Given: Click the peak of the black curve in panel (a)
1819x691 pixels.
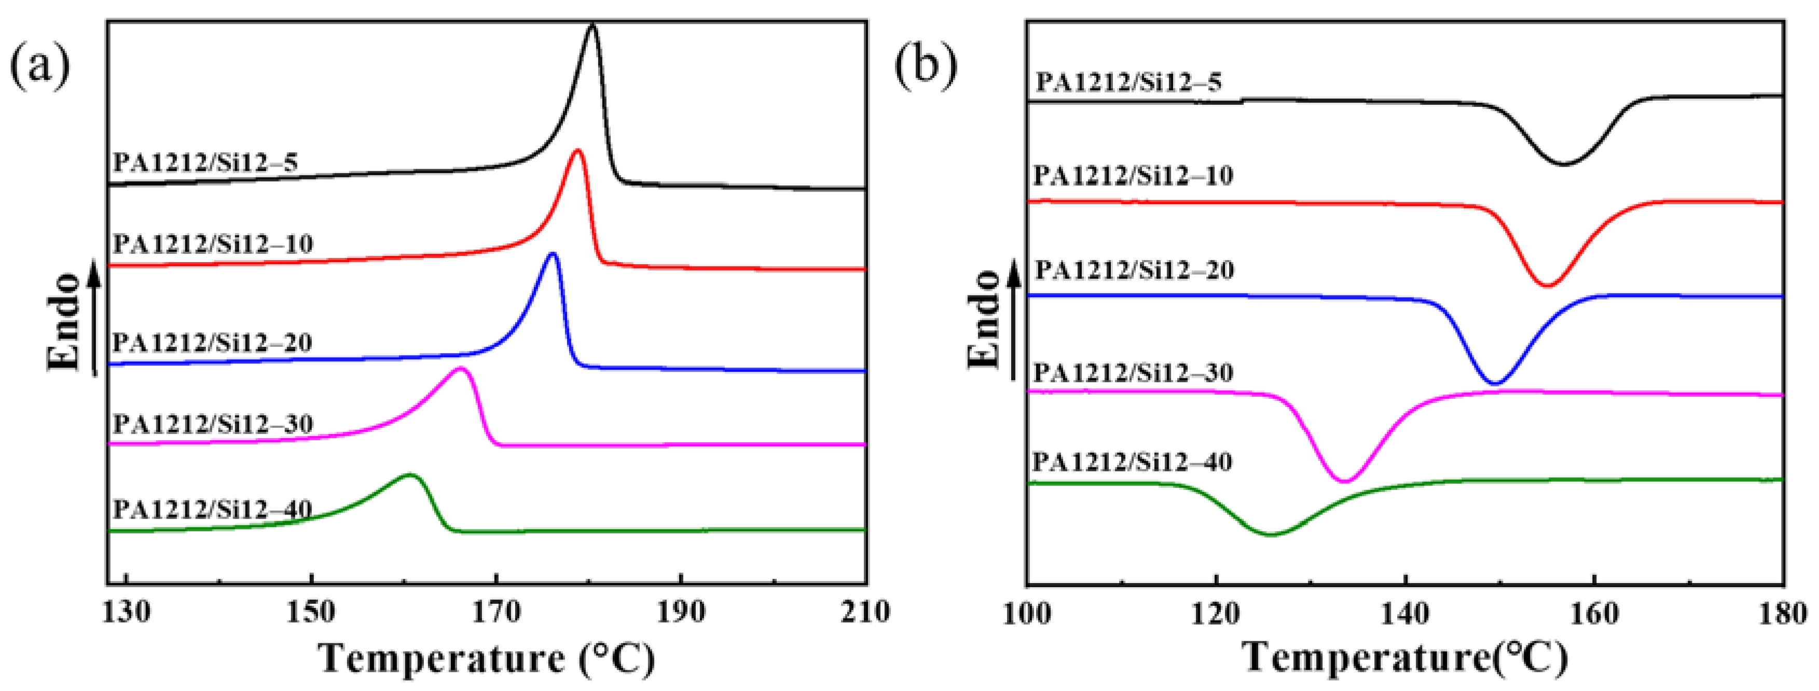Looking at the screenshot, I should [592, 26].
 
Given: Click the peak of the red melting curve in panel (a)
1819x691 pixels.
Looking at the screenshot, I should [577, 151].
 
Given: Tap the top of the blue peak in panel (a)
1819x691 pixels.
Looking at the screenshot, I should [552, 254].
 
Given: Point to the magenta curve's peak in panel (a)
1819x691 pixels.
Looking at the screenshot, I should [461, 369].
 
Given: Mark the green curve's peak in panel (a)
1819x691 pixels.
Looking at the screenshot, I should [409, 475].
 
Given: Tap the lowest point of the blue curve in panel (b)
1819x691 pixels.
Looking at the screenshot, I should [1496, 384].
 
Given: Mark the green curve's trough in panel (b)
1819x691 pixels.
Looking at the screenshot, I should [1271, 535].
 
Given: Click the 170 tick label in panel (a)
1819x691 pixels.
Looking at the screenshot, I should [497, 612].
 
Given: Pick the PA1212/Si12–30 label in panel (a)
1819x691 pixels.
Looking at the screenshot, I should [213, 424].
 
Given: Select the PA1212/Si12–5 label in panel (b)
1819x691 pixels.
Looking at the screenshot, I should [1128, 83].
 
